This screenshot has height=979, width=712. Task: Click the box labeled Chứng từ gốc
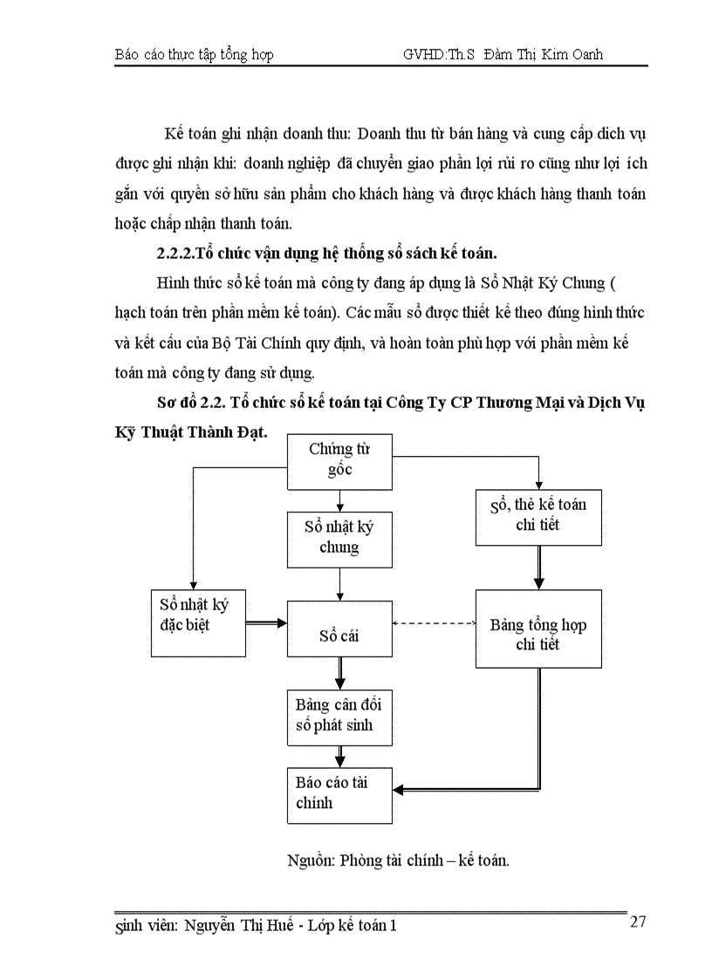tap(339, 460)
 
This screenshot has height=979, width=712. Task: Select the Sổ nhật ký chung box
tap(339, 537)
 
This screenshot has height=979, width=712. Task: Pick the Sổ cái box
tap(339, 635)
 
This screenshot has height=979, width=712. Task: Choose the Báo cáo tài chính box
tap(339, 793)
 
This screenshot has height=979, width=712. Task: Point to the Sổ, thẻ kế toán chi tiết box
tap(538, 514)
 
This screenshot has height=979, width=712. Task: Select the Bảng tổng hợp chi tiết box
tap(538, 629)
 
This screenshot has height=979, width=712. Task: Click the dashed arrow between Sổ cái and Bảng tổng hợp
tap(434, 623)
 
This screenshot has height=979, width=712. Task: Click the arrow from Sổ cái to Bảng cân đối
tap(339, 672)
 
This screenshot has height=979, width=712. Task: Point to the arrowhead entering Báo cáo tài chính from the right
tap(399, 791)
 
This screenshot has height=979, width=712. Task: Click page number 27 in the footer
tap(638, 923)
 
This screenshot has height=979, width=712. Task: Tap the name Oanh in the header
tap(582, 54)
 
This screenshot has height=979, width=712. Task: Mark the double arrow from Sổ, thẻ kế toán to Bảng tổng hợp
tap(538, 568)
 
